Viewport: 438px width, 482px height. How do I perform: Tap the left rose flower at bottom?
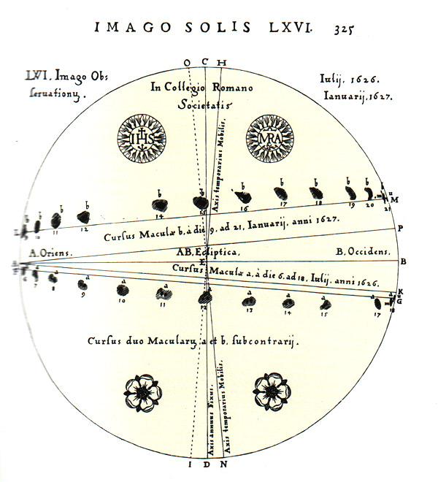142,391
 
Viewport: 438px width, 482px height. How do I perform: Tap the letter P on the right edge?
401,228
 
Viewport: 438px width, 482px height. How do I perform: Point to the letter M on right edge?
394,199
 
